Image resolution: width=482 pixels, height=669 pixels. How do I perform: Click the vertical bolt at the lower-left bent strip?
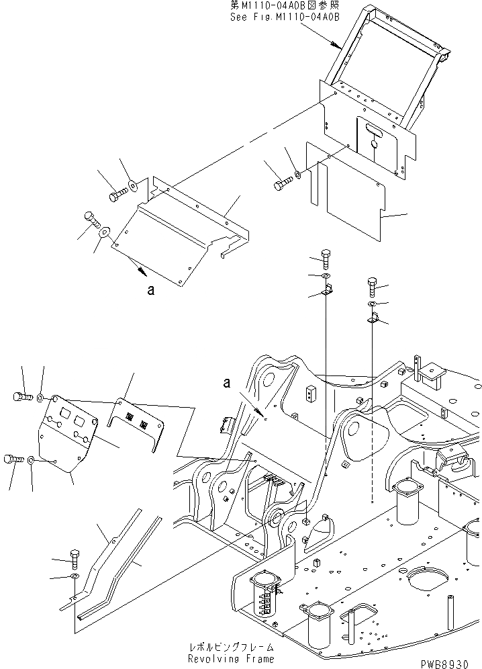click(75, 557)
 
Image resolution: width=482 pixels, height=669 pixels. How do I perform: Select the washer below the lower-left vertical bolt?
click(75, 576)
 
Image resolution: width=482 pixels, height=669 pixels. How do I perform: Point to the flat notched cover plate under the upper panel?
click(349, 195)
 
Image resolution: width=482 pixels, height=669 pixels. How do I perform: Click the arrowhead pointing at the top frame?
click(336, 46)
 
